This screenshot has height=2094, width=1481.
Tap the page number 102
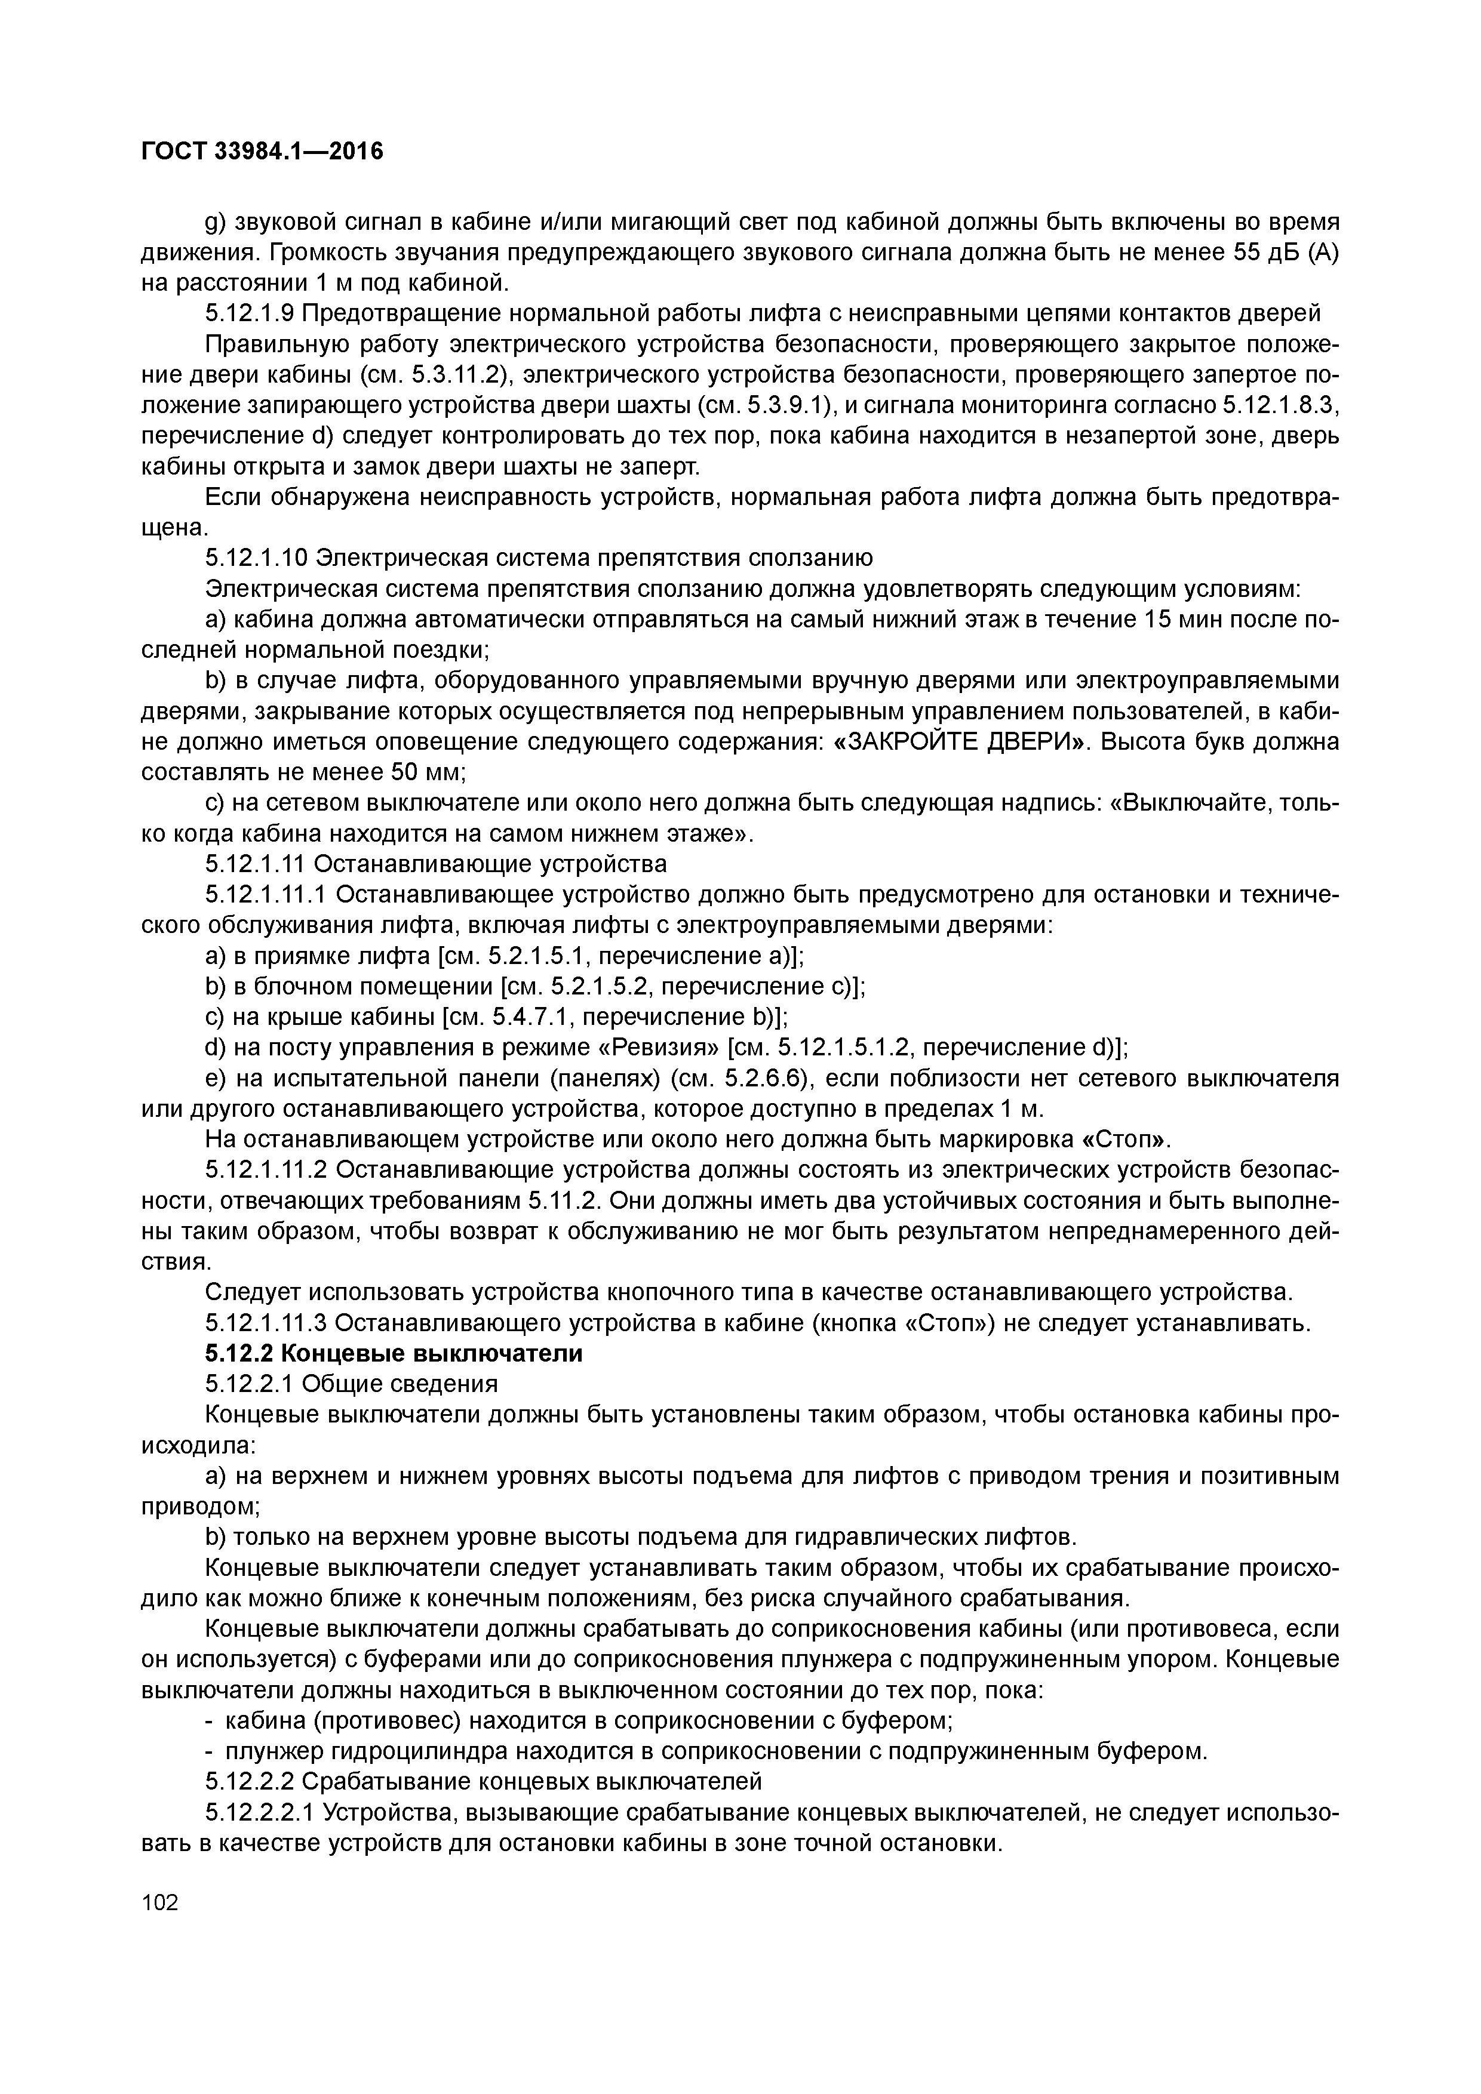(161, 1902)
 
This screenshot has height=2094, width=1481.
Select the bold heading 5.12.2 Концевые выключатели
(394, 1353)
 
